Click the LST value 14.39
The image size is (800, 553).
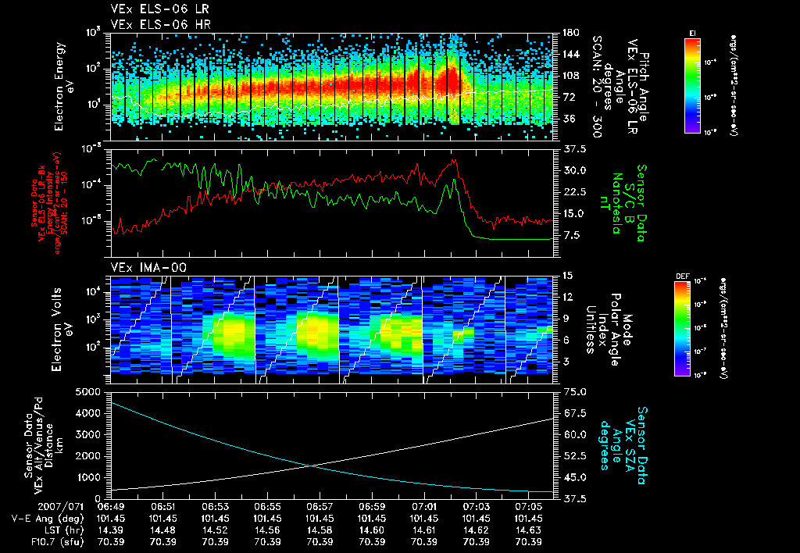click(111, 530)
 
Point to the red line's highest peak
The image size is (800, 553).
click(454, 160)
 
